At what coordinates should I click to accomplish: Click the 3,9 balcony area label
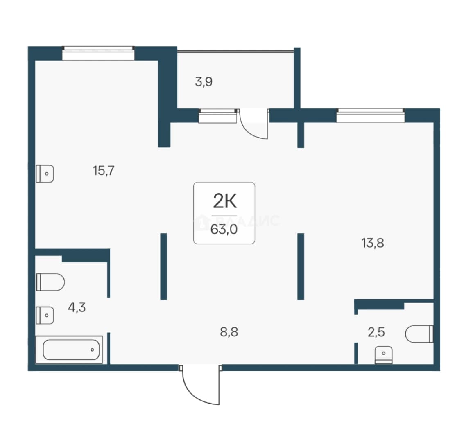[x=204, y=82]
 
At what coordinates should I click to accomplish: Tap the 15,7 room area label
[x=104, y=171]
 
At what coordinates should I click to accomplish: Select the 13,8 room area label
[x=373, y=243]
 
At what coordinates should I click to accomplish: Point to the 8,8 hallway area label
[x=229, y=332]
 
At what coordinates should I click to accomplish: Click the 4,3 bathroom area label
[x=77, y=307]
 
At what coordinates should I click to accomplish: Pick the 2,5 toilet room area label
[x=376, y=332]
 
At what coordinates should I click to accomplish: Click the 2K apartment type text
[x=225, y=201]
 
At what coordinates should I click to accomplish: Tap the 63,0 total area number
[x=224, y=230]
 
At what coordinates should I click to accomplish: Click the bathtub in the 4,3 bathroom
[x=69, y=350]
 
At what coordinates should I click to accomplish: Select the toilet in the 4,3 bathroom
[x=50, y=282]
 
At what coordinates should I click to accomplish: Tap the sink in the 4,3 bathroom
[x=45, y=316]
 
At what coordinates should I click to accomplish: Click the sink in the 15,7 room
[x=45, y=174]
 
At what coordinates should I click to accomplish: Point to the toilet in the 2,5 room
[x=419, y=334]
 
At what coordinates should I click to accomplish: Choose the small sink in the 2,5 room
[x=383, y=355]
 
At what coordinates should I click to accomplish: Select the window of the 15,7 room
[x=98, y=53]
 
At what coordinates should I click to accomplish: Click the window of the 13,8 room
[x=371, y=115]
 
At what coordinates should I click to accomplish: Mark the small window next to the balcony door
[x=217, y=116]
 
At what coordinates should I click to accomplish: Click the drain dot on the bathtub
[x=92, y=350]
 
